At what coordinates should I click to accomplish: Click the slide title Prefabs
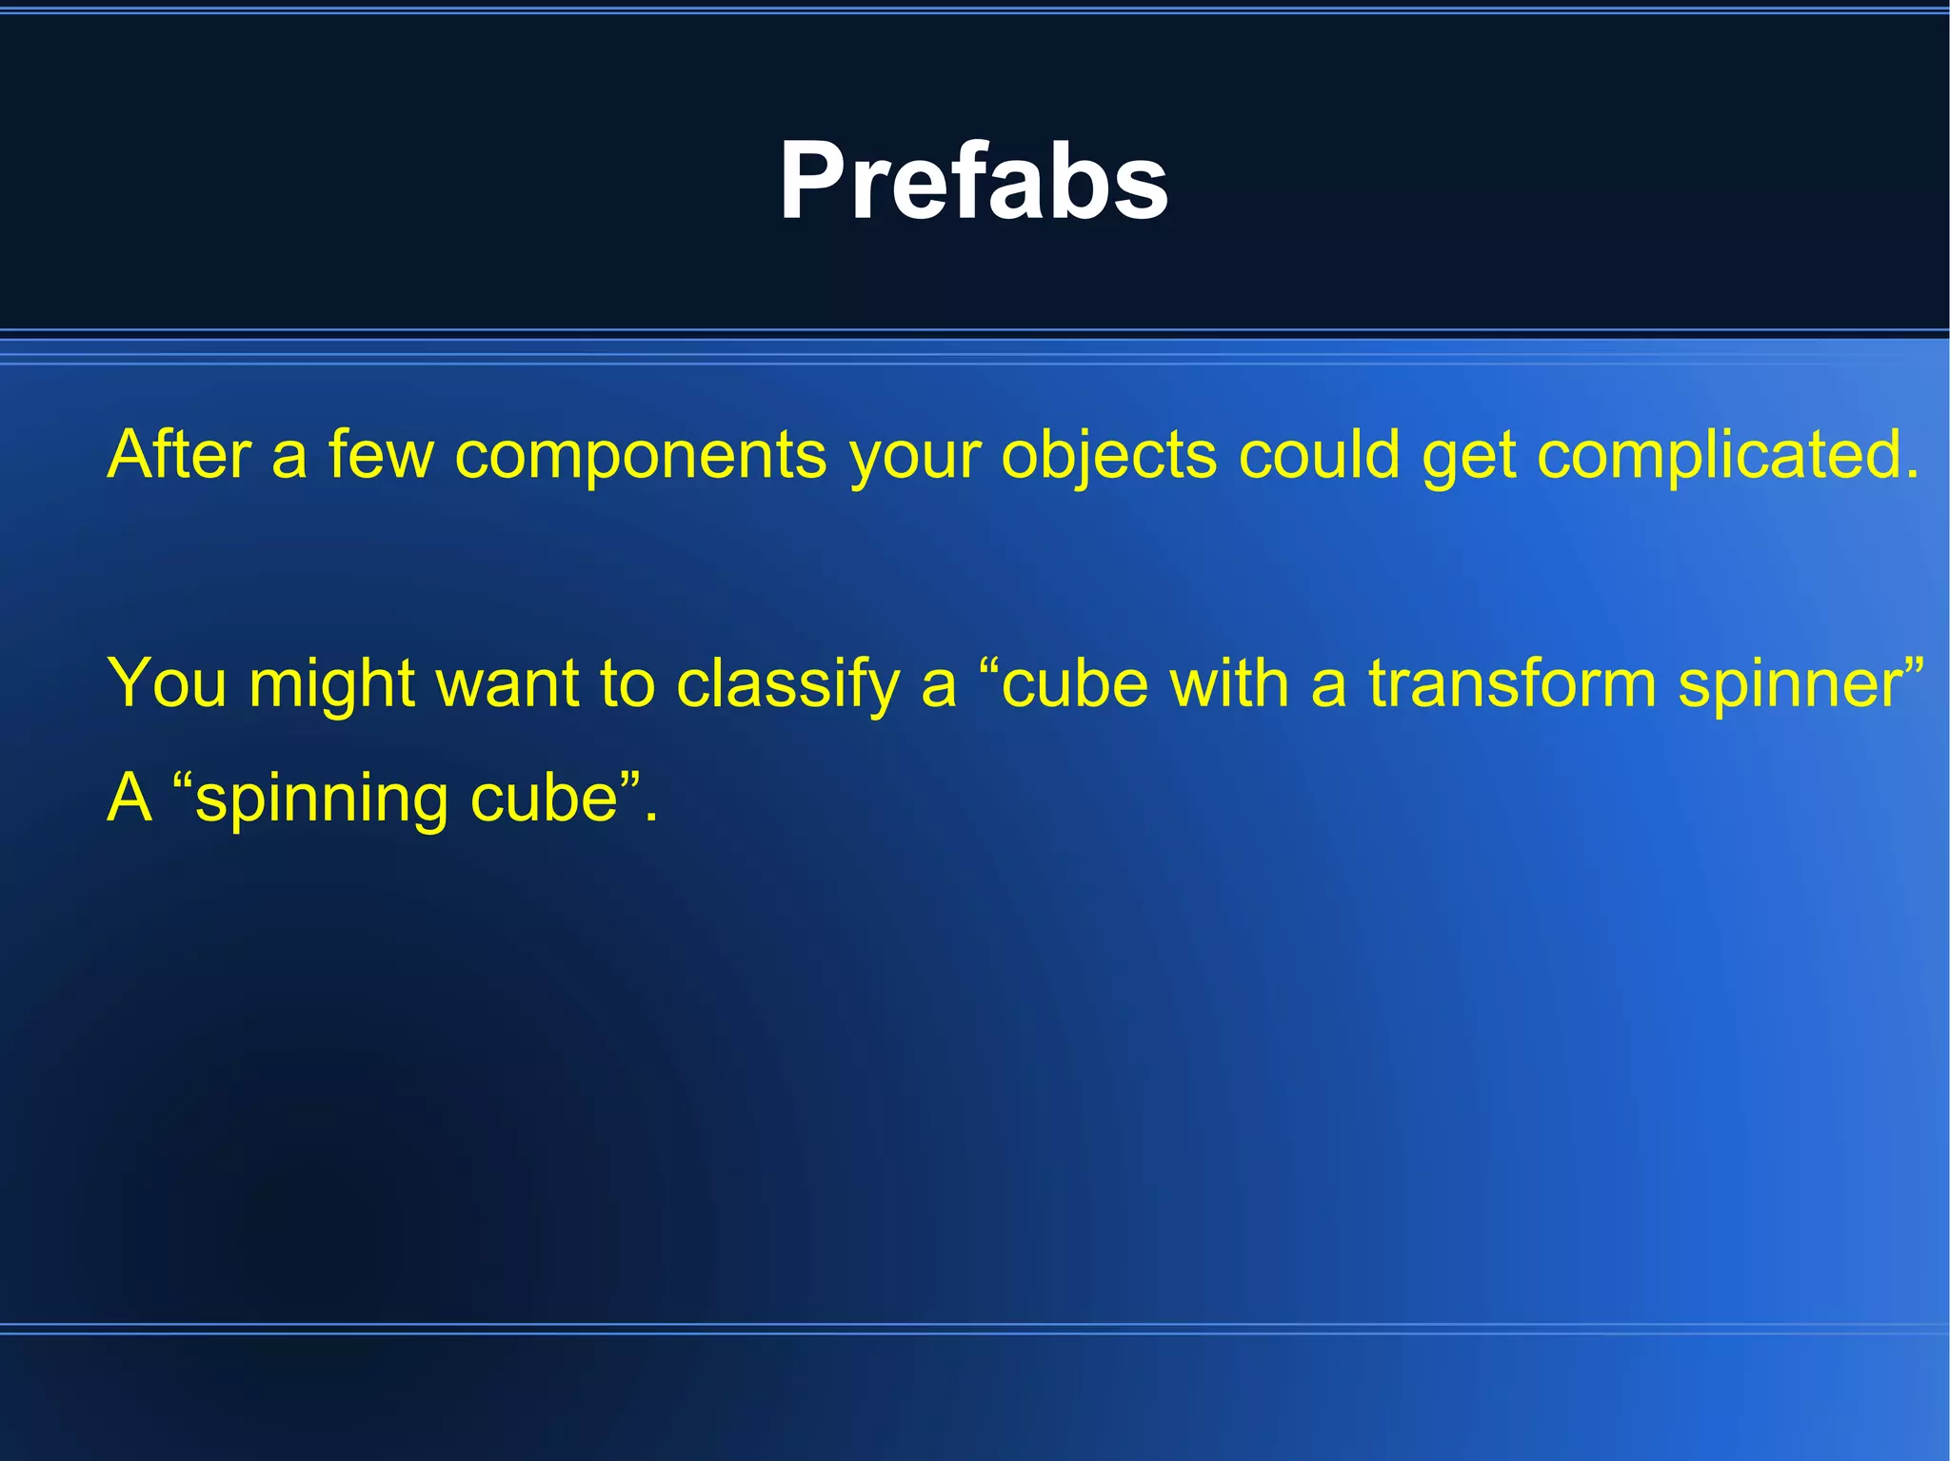tap(973, 181)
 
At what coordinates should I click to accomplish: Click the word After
tap(179, 454)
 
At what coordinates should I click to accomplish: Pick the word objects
tap(1108, 456)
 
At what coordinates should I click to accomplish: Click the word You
tap(167, 682)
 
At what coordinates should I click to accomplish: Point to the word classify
tap(786, 684)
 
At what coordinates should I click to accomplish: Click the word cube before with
tap(1075, 682)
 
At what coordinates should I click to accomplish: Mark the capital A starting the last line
tap(129, 797)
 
